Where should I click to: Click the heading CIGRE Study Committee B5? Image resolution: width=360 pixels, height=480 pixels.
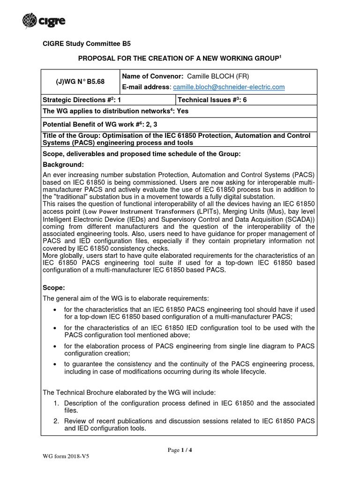click(87, 44)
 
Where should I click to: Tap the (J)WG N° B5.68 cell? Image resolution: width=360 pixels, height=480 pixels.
click(81, 81)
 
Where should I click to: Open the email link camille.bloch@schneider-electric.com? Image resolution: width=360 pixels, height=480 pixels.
click(229, 87)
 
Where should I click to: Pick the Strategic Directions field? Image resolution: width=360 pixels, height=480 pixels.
click(82, 99)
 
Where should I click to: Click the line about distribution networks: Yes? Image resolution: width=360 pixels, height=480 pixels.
click(115, 112)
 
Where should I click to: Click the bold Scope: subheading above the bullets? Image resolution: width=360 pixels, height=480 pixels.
click(54, 288)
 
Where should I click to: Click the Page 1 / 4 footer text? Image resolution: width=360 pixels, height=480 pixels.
click(180, 450)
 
